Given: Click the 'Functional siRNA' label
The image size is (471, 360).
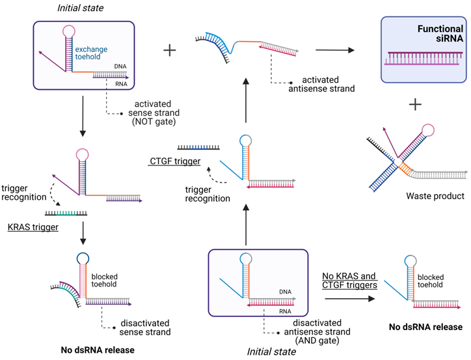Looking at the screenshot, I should click(431, 35).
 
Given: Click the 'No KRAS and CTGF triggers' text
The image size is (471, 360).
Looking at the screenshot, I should click(350, 281).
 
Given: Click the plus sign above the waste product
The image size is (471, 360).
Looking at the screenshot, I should click(415, 104).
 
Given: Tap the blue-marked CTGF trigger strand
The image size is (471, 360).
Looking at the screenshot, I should click(198, 148).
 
